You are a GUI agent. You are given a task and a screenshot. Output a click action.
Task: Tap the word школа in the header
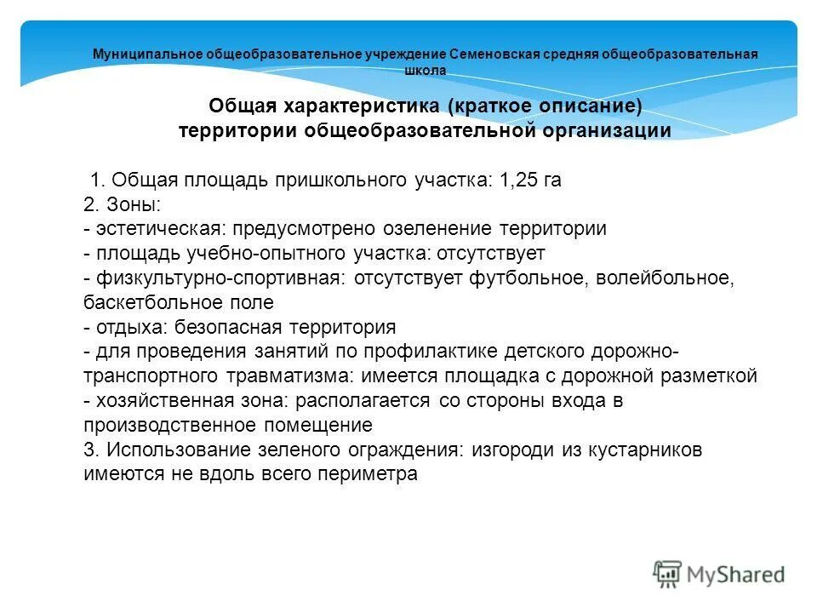click(x=426, y=71)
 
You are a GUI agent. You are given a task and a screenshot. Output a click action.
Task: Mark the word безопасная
click(x=233, y=327)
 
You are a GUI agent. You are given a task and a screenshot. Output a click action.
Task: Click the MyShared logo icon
click(x=667, y=573)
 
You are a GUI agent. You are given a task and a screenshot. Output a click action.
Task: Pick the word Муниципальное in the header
click(x=147, y=54)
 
